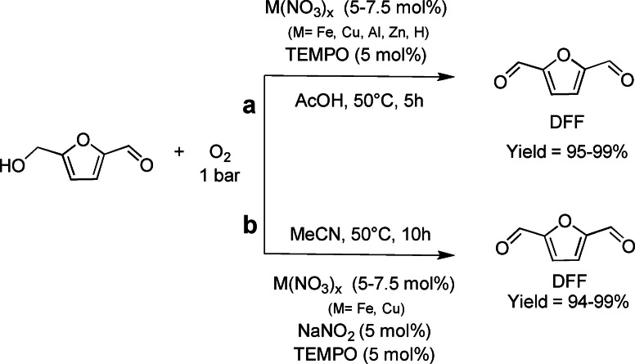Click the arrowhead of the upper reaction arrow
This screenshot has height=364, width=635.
(x=448, y=76)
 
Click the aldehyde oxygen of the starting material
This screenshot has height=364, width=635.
(x=146, y=165)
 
